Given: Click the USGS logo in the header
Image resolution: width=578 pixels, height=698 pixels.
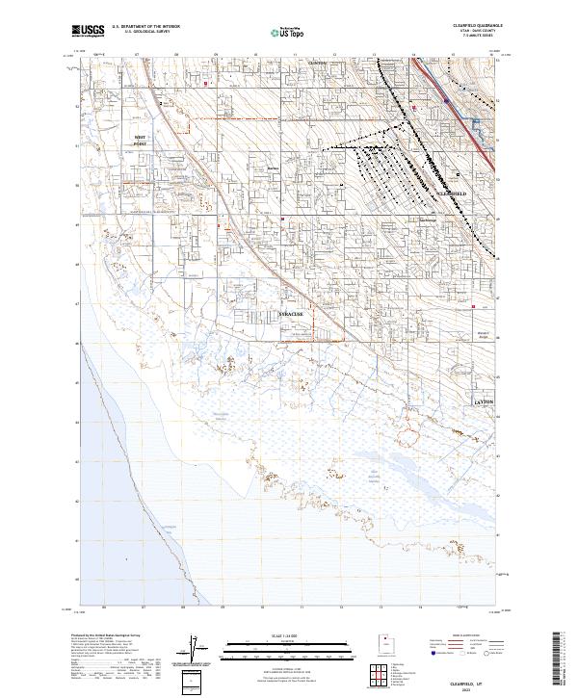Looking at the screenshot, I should tap(89, 32).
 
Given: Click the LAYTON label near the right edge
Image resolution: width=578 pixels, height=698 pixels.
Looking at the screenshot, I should tap(484, 401).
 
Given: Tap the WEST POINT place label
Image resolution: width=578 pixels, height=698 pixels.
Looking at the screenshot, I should tap(142, 142).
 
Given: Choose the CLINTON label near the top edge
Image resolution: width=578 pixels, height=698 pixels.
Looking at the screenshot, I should tap(317, 64).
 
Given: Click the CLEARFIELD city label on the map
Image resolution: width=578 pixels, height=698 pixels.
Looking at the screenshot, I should tap(452, 194).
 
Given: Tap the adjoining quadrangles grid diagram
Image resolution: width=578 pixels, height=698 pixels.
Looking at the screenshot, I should tap(385, 673).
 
